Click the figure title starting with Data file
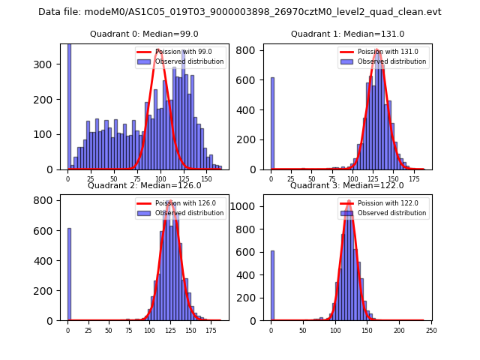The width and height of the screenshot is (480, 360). [x=239, y=12]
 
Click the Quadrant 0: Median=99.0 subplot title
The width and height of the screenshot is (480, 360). [x=145, y=34]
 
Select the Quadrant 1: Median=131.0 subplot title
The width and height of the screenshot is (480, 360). [x=347, y=34]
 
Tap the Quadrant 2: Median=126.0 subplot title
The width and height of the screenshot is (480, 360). [x=145, y=186]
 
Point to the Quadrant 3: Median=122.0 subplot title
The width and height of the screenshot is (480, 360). [x=347, y=186]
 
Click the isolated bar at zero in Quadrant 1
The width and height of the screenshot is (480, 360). [x=272, y=124]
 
